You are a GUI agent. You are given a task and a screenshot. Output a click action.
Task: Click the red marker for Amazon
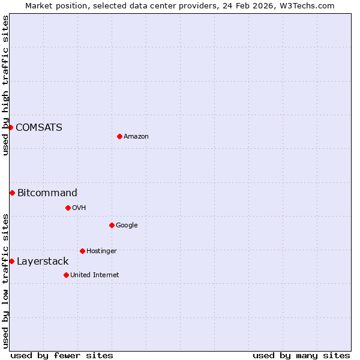point(119,136)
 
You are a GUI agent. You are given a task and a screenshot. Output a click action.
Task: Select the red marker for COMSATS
point(10,127)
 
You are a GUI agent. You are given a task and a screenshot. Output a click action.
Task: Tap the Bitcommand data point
point(12,193)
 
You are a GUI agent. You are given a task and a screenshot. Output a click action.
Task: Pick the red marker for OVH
point(68,208)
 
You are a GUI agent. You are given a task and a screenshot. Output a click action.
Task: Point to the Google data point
point(112,225)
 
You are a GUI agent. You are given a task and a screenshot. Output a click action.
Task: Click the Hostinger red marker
point(82,251)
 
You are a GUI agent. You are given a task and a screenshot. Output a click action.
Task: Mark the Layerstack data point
point(11,261)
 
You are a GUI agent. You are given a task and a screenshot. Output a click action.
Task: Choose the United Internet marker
point(66,275)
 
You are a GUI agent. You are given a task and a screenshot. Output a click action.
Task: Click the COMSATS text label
point(39,127)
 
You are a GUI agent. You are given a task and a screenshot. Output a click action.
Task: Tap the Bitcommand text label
point(47,193)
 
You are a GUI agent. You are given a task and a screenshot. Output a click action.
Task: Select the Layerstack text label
point(43,261)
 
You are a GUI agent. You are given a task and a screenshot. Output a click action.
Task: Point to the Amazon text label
point(136,136)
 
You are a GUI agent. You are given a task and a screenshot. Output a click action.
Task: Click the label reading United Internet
point(95,275)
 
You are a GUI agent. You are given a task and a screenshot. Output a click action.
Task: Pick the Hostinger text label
point(101,251)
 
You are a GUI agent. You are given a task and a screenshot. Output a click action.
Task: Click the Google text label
point(127,225)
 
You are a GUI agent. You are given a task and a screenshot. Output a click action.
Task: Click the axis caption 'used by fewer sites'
point(62,355)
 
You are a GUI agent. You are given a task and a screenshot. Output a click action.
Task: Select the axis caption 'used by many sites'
point(301,355)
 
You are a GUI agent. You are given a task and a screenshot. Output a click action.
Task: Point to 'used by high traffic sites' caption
point(5,85)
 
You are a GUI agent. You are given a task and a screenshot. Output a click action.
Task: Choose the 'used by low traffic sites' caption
point(5,281)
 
